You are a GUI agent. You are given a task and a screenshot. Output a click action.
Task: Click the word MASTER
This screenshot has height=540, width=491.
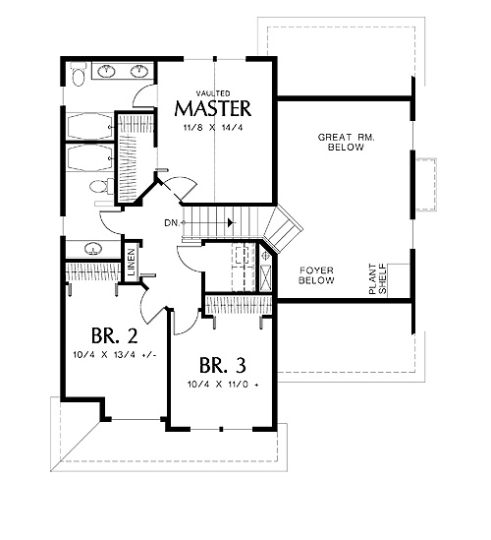213,108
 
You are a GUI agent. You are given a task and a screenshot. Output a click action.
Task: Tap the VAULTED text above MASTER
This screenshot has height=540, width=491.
213,93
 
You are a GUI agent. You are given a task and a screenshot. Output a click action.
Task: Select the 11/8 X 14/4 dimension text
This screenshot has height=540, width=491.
213,128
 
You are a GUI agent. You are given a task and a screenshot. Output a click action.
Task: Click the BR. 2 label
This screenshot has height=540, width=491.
115,335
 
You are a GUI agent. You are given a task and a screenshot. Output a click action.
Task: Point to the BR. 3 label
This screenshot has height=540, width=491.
223,365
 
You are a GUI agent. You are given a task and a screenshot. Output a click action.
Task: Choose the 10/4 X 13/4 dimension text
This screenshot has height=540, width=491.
115,354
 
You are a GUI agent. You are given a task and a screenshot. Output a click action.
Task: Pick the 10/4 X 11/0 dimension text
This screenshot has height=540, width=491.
223,384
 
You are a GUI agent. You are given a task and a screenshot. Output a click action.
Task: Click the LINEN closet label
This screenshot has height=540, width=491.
132,263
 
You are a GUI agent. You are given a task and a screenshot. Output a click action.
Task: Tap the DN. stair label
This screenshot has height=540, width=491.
172,223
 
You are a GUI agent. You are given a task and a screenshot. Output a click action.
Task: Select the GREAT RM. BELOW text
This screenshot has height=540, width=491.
346,143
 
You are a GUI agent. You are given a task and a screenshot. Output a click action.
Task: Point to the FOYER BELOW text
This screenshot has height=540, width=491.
316,275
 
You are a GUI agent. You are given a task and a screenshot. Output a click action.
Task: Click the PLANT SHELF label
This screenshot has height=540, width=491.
377,279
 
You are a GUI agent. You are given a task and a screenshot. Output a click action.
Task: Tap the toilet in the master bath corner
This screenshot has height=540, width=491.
79,74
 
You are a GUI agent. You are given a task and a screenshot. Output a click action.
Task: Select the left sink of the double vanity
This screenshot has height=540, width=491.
107,71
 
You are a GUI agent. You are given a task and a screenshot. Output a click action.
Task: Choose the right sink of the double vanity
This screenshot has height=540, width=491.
139,71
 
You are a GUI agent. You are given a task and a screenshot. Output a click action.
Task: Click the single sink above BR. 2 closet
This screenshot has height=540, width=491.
92,249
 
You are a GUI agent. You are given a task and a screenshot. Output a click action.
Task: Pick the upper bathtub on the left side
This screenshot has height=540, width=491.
90,127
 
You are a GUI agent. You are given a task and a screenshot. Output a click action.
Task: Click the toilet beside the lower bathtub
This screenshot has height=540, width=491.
101,187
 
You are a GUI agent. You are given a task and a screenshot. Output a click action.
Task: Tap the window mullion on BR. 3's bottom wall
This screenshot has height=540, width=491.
221,429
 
